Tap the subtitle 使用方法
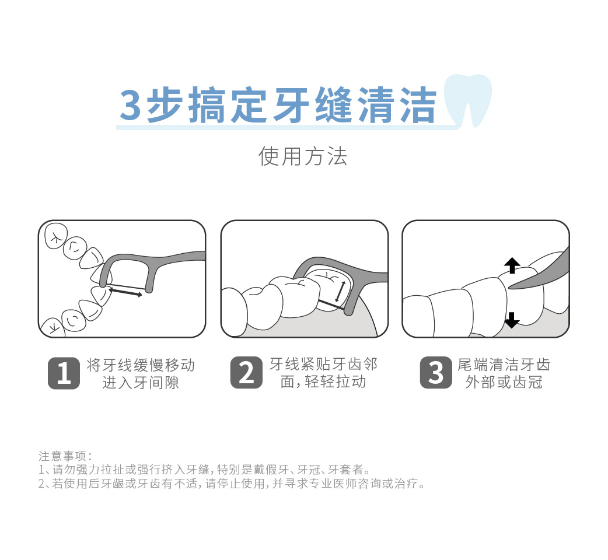303,156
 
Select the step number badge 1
63,373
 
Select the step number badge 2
246,373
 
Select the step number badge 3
436,373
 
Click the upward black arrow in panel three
512,265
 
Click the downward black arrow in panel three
512,320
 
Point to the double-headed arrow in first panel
125,292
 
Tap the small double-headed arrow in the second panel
340,291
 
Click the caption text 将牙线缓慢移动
141,365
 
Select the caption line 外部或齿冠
504,382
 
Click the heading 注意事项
64,456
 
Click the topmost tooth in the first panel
55,236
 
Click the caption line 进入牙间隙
141,383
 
